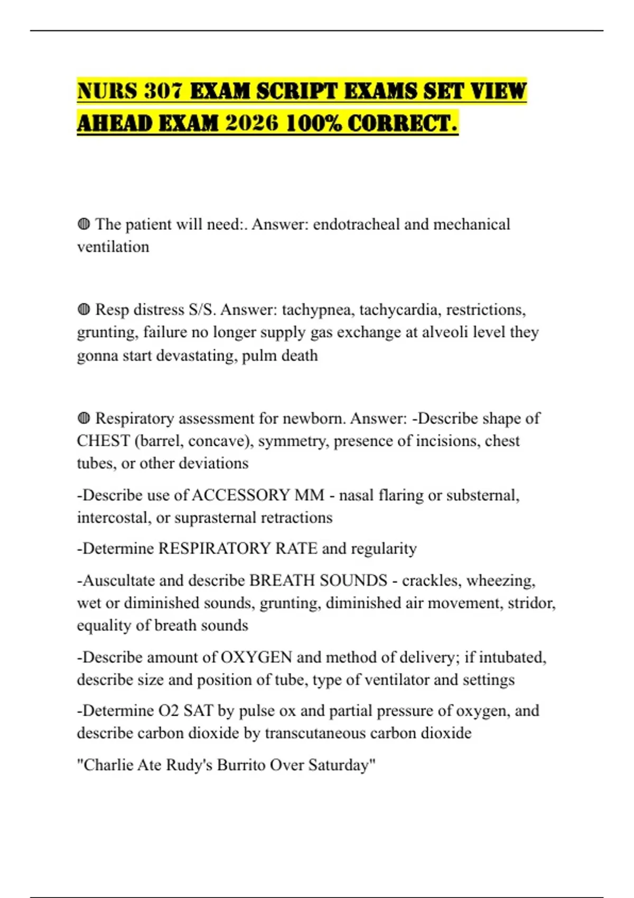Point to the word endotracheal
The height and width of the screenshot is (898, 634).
click(x=357, y=224)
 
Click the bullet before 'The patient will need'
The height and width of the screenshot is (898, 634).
click(x=83, y=224)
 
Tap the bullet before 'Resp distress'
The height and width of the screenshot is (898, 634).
click(x=83, y=309)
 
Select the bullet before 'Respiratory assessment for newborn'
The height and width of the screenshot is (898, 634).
click(x=83, y=418)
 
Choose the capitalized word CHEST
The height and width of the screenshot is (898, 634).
click(x=104, y=441)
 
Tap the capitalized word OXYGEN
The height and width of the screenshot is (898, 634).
click(x=256, y=657)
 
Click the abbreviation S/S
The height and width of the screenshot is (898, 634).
click(x=202, y=309)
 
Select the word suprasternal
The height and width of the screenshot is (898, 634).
click(x=210, y=518)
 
